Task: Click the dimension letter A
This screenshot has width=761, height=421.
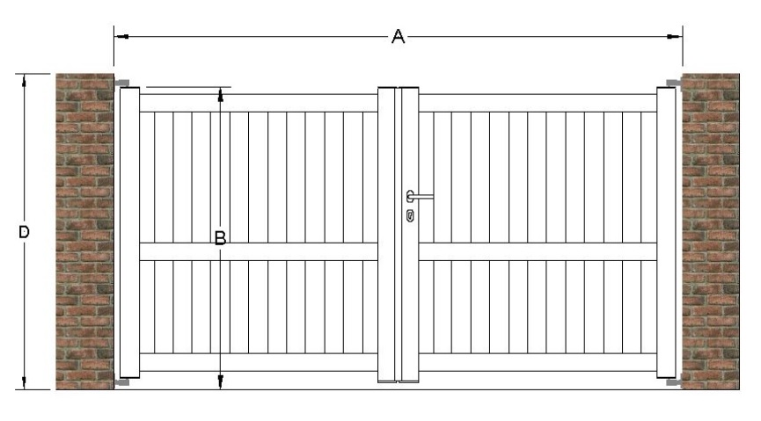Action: (398, 36)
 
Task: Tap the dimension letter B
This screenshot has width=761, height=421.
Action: (220, 238)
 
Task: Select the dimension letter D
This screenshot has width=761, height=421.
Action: (24, 232)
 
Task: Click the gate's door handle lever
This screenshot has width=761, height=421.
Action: (420, 196)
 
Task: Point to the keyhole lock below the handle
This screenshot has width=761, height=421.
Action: (410, 215)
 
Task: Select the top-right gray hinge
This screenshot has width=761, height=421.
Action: (674, 83)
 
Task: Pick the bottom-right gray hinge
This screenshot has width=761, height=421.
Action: (674, 382)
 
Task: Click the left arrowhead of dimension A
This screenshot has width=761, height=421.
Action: (121, 36)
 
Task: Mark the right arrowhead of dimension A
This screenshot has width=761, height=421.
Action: (675, 36)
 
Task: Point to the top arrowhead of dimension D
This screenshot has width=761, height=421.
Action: (24, 81)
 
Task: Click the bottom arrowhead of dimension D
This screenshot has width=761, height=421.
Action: (24, 382)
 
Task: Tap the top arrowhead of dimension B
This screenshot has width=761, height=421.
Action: (220, 95)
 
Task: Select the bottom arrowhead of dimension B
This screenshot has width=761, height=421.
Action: (220, 381)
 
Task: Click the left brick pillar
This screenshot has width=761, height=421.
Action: (85, 231)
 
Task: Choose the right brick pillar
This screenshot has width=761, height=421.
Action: (711, 231)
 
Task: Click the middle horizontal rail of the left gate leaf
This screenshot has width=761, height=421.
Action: (259, 251)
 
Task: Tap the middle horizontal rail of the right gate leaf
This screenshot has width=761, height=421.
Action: (538, 251)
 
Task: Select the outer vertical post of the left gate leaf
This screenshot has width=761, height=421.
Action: (129, 232)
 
